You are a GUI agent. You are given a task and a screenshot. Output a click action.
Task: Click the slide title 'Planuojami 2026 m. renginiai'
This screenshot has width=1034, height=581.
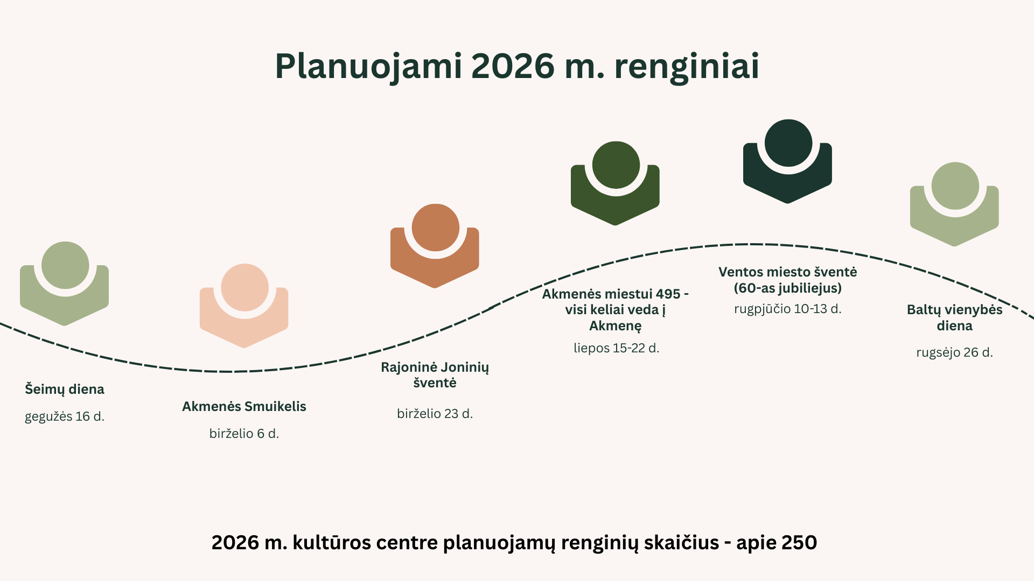coord(517,67)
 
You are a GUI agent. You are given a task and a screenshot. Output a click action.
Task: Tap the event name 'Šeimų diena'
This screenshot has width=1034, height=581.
coord(65,389)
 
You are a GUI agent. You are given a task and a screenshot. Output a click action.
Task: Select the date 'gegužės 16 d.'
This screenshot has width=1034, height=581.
coord(65,416)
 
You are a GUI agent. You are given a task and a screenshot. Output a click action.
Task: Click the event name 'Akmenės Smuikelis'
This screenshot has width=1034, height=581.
coord(244,406)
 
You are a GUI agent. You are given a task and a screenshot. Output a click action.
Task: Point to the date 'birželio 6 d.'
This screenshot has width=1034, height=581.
coord(244,434)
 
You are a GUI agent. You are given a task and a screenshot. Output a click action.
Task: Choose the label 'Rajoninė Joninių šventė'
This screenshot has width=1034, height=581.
coord(435,375)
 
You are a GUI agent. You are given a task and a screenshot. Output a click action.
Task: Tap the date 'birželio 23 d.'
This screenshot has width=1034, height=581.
coord(435,414)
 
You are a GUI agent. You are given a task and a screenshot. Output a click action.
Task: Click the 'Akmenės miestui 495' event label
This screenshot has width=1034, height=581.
coord(616,310)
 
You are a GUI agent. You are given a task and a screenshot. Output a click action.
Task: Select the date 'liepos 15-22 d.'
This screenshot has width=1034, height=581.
coord(617,348)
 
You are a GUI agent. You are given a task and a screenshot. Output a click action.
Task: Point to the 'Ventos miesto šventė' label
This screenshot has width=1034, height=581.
coord(788,280)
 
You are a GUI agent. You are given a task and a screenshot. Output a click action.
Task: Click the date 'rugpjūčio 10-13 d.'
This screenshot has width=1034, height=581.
coord(788,309)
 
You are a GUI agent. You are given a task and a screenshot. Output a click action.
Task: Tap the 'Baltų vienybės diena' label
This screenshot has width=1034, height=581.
coord(955,317)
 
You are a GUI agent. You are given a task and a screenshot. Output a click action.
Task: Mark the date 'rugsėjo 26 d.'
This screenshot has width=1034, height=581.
coord(955,352)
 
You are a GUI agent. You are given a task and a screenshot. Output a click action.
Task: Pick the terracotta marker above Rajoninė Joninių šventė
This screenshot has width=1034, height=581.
coord(435,246)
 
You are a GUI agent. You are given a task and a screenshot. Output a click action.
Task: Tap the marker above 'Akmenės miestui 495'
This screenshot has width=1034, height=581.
coord(616,183)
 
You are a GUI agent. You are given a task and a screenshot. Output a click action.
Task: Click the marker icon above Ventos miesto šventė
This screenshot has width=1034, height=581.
coord(788,161)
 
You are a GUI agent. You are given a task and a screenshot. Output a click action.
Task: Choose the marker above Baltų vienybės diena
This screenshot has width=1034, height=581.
coord(955,204)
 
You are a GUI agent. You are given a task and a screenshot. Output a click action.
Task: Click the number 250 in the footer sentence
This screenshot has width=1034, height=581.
coord(799,543)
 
